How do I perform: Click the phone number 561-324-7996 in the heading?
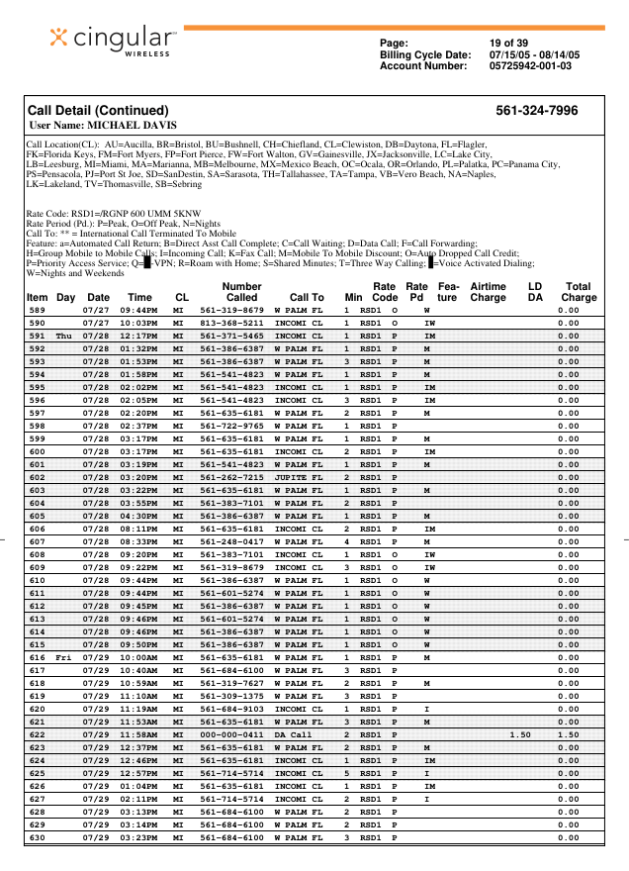[x=536, y=111]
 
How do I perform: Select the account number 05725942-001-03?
[x=530, y=66]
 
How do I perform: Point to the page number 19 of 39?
[x=508, y=43]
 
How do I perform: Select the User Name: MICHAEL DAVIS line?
[x=103, y=126]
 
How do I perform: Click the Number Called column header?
[x=241, y=291]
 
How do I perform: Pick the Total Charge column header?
[x=579, y=291]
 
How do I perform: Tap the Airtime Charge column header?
[x=488, y=291]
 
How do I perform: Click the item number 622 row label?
[x=37, y=735]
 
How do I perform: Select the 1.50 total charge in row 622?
[x=568, y=735]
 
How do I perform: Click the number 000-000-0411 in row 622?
[x=231, y=735]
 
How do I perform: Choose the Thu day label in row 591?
[x=64, y=336]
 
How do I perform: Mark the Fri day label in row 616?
[x=64, y=657]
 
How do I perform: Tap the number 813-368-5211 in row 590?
[x=231, y=323]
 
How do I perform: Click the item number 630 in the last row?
[x=37, y=837]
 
